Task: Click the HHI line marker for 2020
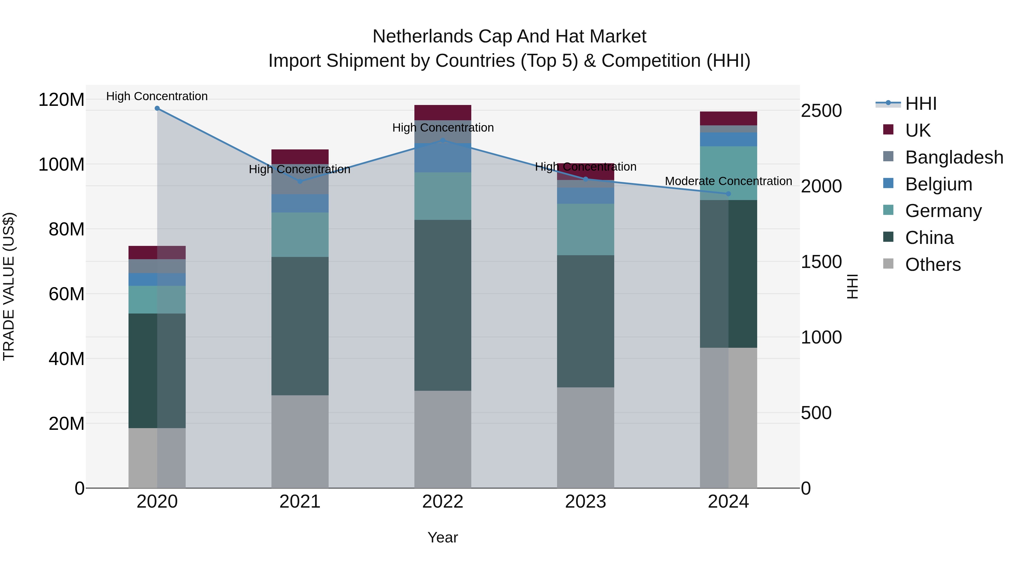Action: click(157, 108)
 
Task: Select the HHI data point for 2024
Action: click(728, 194)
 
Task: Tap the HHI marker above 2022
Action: click(443, 140)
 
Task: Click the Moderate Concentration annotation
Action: click(728, 181)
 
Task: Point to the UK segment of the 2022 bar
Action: click(443, 112)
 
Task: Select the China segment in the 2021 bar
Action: click(300, 326)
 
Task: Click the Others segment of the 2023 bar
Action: click(585, 437)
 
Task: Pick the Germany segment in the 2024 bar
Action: click(728, 173)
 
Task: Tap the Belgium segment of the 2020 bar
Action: click(157, 279)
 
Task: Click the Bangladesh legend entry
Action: click(954, 157)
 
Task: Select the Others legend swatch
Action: click(888, 264)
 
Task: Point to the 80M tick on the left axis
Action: click(67, 229)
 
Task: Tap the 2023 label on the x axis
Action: click(585, 502)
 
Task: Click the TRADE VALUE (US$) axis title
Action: click(9, 286)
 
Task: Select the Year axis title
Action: click(443, 537)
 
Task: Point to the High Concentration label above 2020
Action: click(157, 96)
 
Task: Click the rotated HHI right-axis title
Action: click(853, 286)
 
